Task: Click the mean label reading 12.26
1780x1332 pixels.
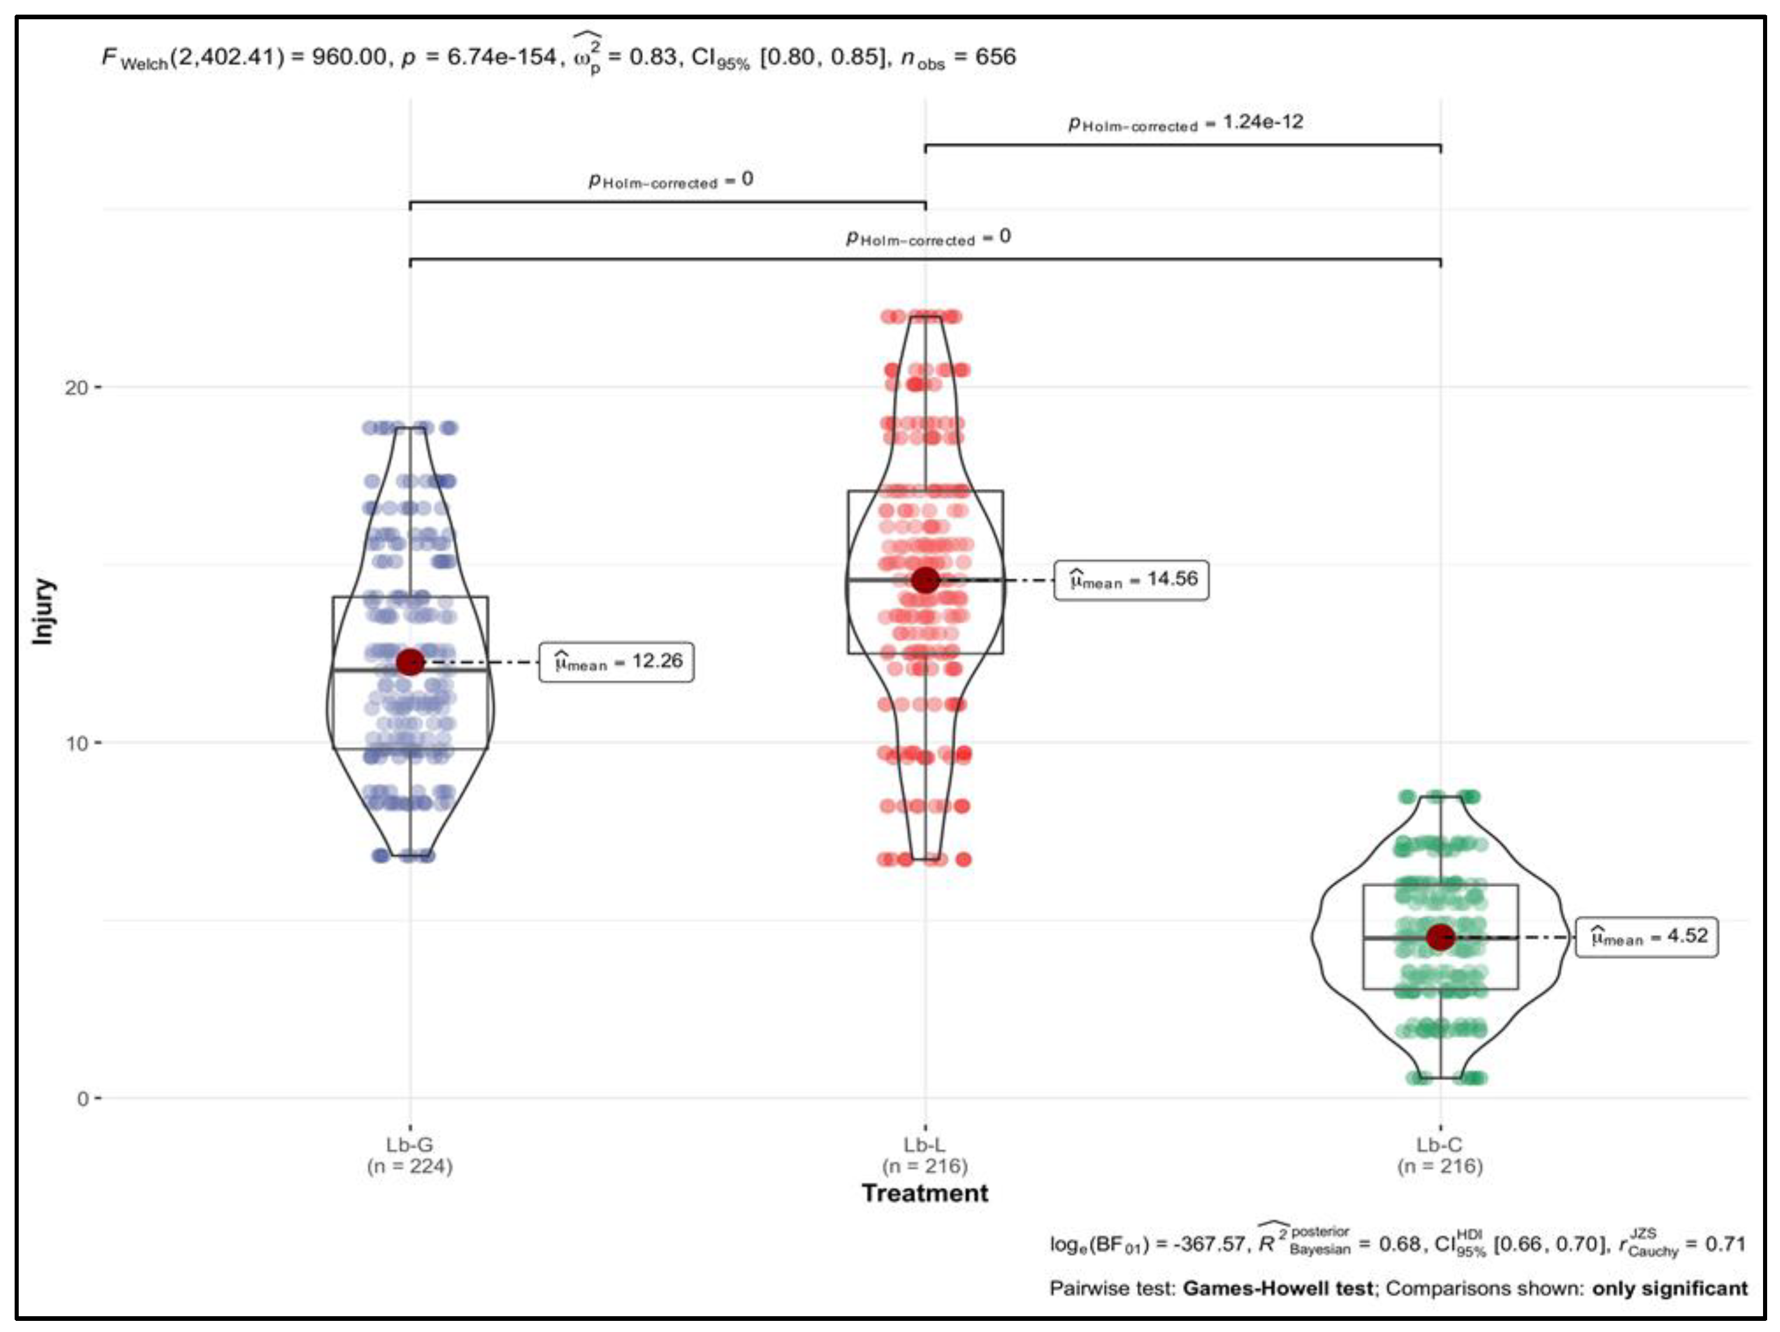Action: (x=617, y=662)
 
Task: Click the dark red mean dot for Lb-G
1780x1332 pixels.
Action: (x=411, y=662)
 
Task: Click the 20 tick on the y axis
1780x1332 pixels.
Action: (x=77, y=388)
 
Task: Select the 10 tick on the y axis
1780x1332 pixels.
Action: (x=77, y=743)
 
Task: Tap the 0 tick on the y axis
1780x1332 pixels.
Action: (x=82, y=1099)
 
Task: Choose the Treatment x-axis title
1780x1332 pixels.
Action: (x=925, y=1193)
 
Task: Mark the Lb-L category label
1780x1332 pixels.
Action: (x=925, y=1144)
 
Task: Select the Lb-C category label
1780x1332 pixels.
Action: (x=1440, y=1144)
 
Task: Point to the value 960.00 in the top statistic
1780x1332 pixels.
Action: (x=349, y=57)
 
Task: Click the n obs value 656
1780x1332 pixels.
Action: (x=996, y=57)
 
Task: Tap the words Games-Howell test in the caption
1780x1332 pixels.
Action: (x=1278, y=1288)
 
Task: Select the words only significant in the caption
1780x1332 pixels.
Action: (x=1670, y=1288)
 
